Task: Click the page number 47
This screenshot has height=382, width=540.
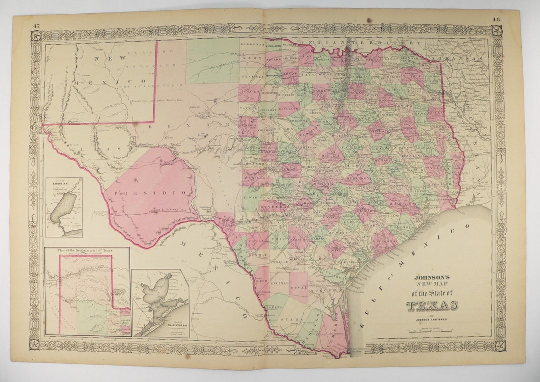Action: (36, 26)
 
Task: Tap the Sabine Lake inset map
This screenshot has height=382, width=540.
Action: (64, 207)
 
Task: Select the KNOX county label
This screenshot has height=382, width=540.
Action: (248, 58)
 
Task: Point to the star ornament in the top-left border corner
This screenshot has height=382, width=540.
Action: (36, 36)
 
